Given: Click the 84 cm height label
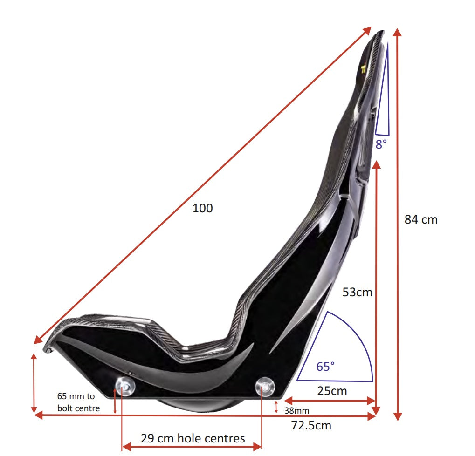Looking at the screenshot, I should click(421, 219).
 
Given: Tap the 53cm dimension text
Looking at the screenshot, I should click(357, 292).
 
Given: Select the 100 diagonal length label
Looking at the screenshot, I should click(202, 208).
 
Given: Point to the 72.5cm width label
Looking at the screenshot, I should click(310, 425).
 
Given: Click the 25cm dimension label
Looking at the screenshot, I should click(332, 390).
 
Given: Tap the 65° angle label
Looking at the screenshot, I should click(325, 367).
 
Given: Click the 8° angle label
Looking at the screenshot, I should click(381, 144).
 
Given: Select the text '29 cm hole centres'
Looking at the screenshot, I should click(193, 438).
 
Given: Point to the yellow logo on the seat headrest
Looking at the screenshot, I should click(364, 68).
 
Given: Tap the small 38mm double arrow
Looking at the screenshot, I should click(276, 407).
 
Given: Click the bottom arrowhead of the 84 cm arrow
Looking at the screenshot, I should click(397, 416).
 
